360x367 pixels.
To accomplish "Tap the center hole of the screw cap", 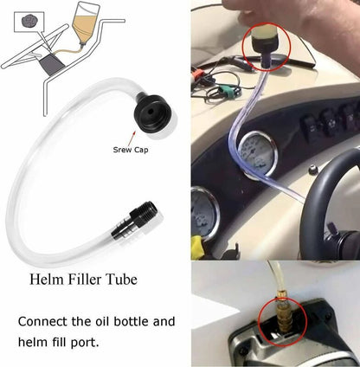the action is (x=151, y=111).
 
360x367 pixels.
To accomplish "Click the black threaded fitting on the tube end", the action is (x=133, y=222).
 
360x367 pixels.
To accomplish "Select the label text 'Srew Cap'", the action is (x=131, y=150).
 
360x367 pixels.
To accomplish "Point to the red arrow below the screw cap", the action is (x=131, y=138).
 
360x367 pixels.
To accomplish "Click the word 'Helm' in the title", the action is (x=47, y=280).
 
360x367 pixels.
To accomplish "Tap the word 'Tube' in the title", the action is (x=121, y=280).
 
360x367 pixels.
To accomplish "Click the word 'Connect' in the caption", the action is (x=42, y=321).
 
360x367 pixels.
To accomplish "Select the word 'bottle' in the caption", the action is (x=131, y=321).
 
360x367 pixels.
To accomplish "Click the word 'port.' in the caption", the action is (x=85, y=343).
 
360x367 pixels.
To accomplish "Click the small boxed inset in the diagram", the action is (x=29, y=22).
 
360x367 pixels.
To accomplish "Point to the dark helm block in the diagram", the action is (x=52, y=65).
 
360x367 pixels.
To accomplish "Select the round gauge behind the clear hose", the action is (x=257, y=153).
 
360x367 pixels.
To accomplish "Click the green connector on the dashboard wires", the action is (x=228, y=87).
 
